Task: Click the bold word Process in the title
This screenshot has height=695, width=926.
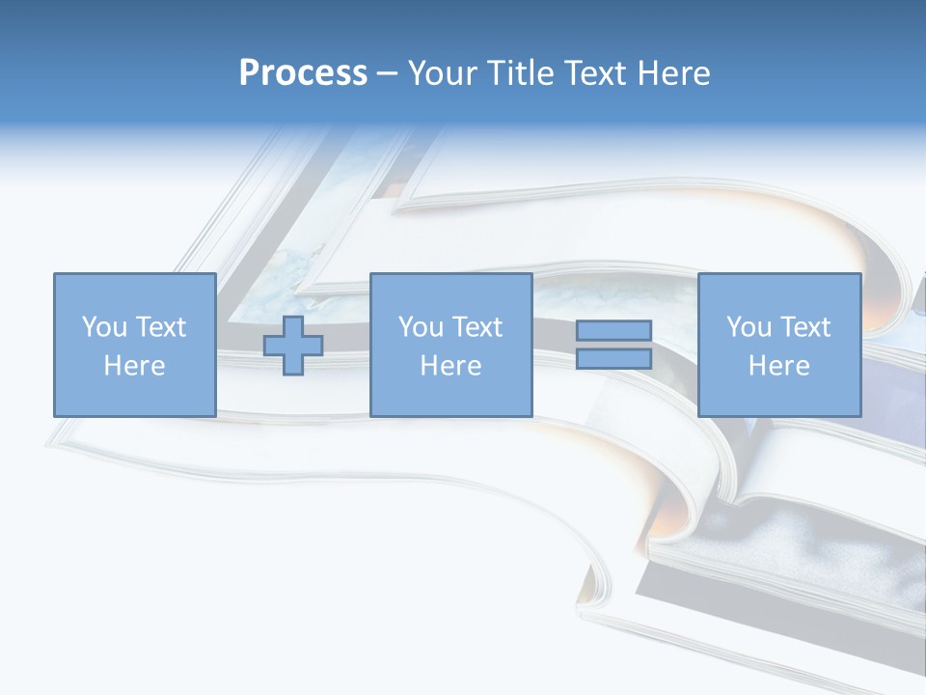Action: click(303, 73)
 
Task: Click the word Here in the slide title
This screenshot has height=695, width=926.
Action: click(677, 73)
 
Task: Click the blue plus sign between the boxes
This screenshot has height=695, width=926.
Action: click(293, 345)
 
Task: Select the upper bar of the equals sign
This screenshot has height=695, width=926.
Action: click(613, 330)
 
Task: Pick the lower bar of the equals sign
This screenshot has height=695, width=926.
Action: click(613, 359)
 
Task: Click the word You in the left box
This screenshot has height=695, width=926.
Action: click(103, 327)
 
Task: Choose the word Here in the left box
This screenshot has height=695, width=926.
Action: click(134, 366)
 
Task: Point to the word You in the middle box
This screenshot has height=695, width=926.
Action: click(420, 327)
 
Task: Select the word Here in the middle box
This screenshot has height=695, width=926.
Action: click(450, 366)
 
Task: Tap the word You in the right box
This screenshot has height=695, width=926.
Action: click(748, 327)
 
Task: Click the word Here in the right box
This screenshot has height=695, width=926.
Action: click(778, 366)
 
